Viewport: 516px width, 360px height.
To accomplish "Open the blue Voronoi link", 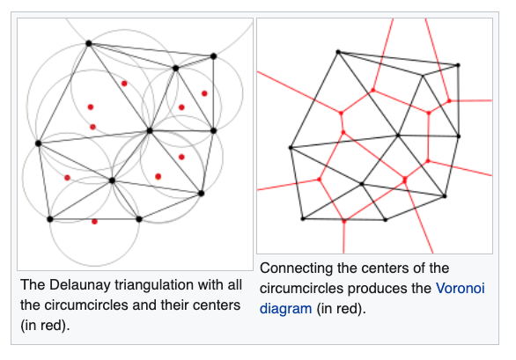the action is pos(460,288).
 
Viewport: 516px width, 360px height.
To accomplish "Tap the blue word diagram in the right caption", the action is pos(285,309).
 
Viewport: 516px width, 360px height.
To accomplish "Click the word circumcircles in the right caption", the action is pos(301,289).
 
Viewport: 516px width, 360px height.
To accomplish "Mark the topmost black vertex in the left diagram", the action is pos(89,43).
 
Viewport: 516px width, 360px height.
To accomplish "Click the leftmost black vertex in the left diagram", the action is pos(39,143).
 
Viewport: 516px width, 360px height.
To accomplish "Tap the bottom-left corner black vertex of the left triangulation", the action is pos(50,219).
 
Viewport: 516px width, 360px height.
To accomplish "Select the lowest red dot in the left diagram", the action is pos(94,222).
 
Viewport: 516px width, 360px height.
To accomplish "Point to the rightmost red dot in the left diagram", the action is pos(204,93).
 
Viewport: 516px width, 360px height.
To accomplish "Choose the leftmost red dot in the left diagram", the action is pos(67,178).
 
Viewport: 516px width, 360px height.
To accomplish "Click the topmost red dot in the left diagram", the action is pos(124,84).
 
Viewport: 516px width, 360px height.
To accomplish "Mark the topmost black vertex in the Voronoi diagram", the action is pos(338,52).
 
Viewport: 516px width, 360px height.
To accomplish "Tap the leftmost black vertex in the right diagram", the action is pos(291,148).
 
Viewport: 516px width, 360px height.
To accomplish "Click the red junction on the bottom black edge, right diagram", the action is pos(344,222).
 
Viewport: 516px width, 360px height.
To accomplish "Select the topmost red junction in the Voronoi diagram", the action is pos(372,90).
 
